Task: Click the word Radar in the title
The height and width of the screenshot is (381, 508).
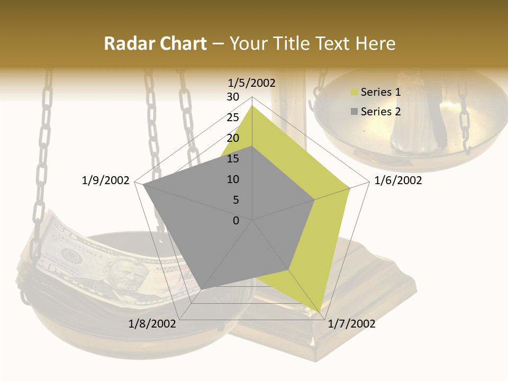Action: (x=127, y=44)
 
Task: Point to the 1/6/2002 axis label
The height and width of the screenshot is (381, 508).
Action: (x=398, y=180)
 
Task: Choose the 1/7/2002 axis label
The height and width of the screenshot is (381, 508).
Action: (x=351, y=324)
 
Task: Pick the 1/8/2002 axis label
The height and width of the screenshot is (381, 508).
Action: (x=152, y=324)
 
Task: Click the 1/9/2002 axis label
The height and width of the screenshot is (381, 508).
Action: (x=106, y=180)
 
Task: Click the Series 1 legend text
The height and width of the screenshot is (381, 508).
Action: (x=380, y=92)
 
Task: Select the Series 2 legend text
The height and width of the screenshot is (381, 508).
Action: (x=380, y=112)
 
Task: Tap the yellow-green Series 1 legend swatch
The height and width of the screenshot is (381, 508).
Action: (x=354, y=93)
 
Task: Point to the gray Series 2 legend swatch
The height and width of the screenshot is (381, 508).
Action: (x=354, y=112)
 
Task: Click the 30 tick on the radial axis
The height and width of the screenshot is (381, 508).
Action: (x=233, y=97)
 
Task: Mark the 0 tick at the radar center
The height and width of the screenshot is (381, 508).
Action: (x=236, y=220)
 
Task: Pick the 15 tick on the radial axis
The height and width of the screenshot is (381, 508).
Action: (x=233, y=159)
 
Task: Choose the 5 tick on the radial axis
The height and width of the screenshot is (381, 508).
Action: (x=236, y=200)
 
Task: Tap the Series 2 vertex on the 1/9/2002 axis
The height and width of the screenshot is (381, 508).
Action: (x=143, y=185)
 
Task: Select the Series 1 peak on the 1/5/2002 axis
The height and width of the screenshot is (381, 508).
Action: (x=252, y=105)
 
